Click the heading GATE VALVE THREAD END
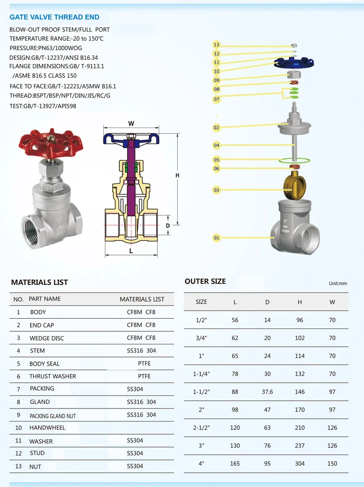[x=54, y=17]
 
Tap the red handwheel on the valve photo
[x=50, y=144]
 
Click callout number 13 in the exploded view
[x=216, y=45]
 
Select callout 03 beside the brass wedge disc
[x=216, y=190]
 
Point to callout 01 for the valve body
[x=216, y=238]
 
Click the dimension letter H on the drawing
[x=177, y=176]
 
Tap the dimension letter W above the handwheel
[x=131, y=124]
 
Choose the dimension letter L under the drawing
[x=131, y=251]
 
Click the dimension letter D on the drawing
[x=168, y=226]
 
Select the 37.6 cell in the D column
[x=267, y=392]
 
